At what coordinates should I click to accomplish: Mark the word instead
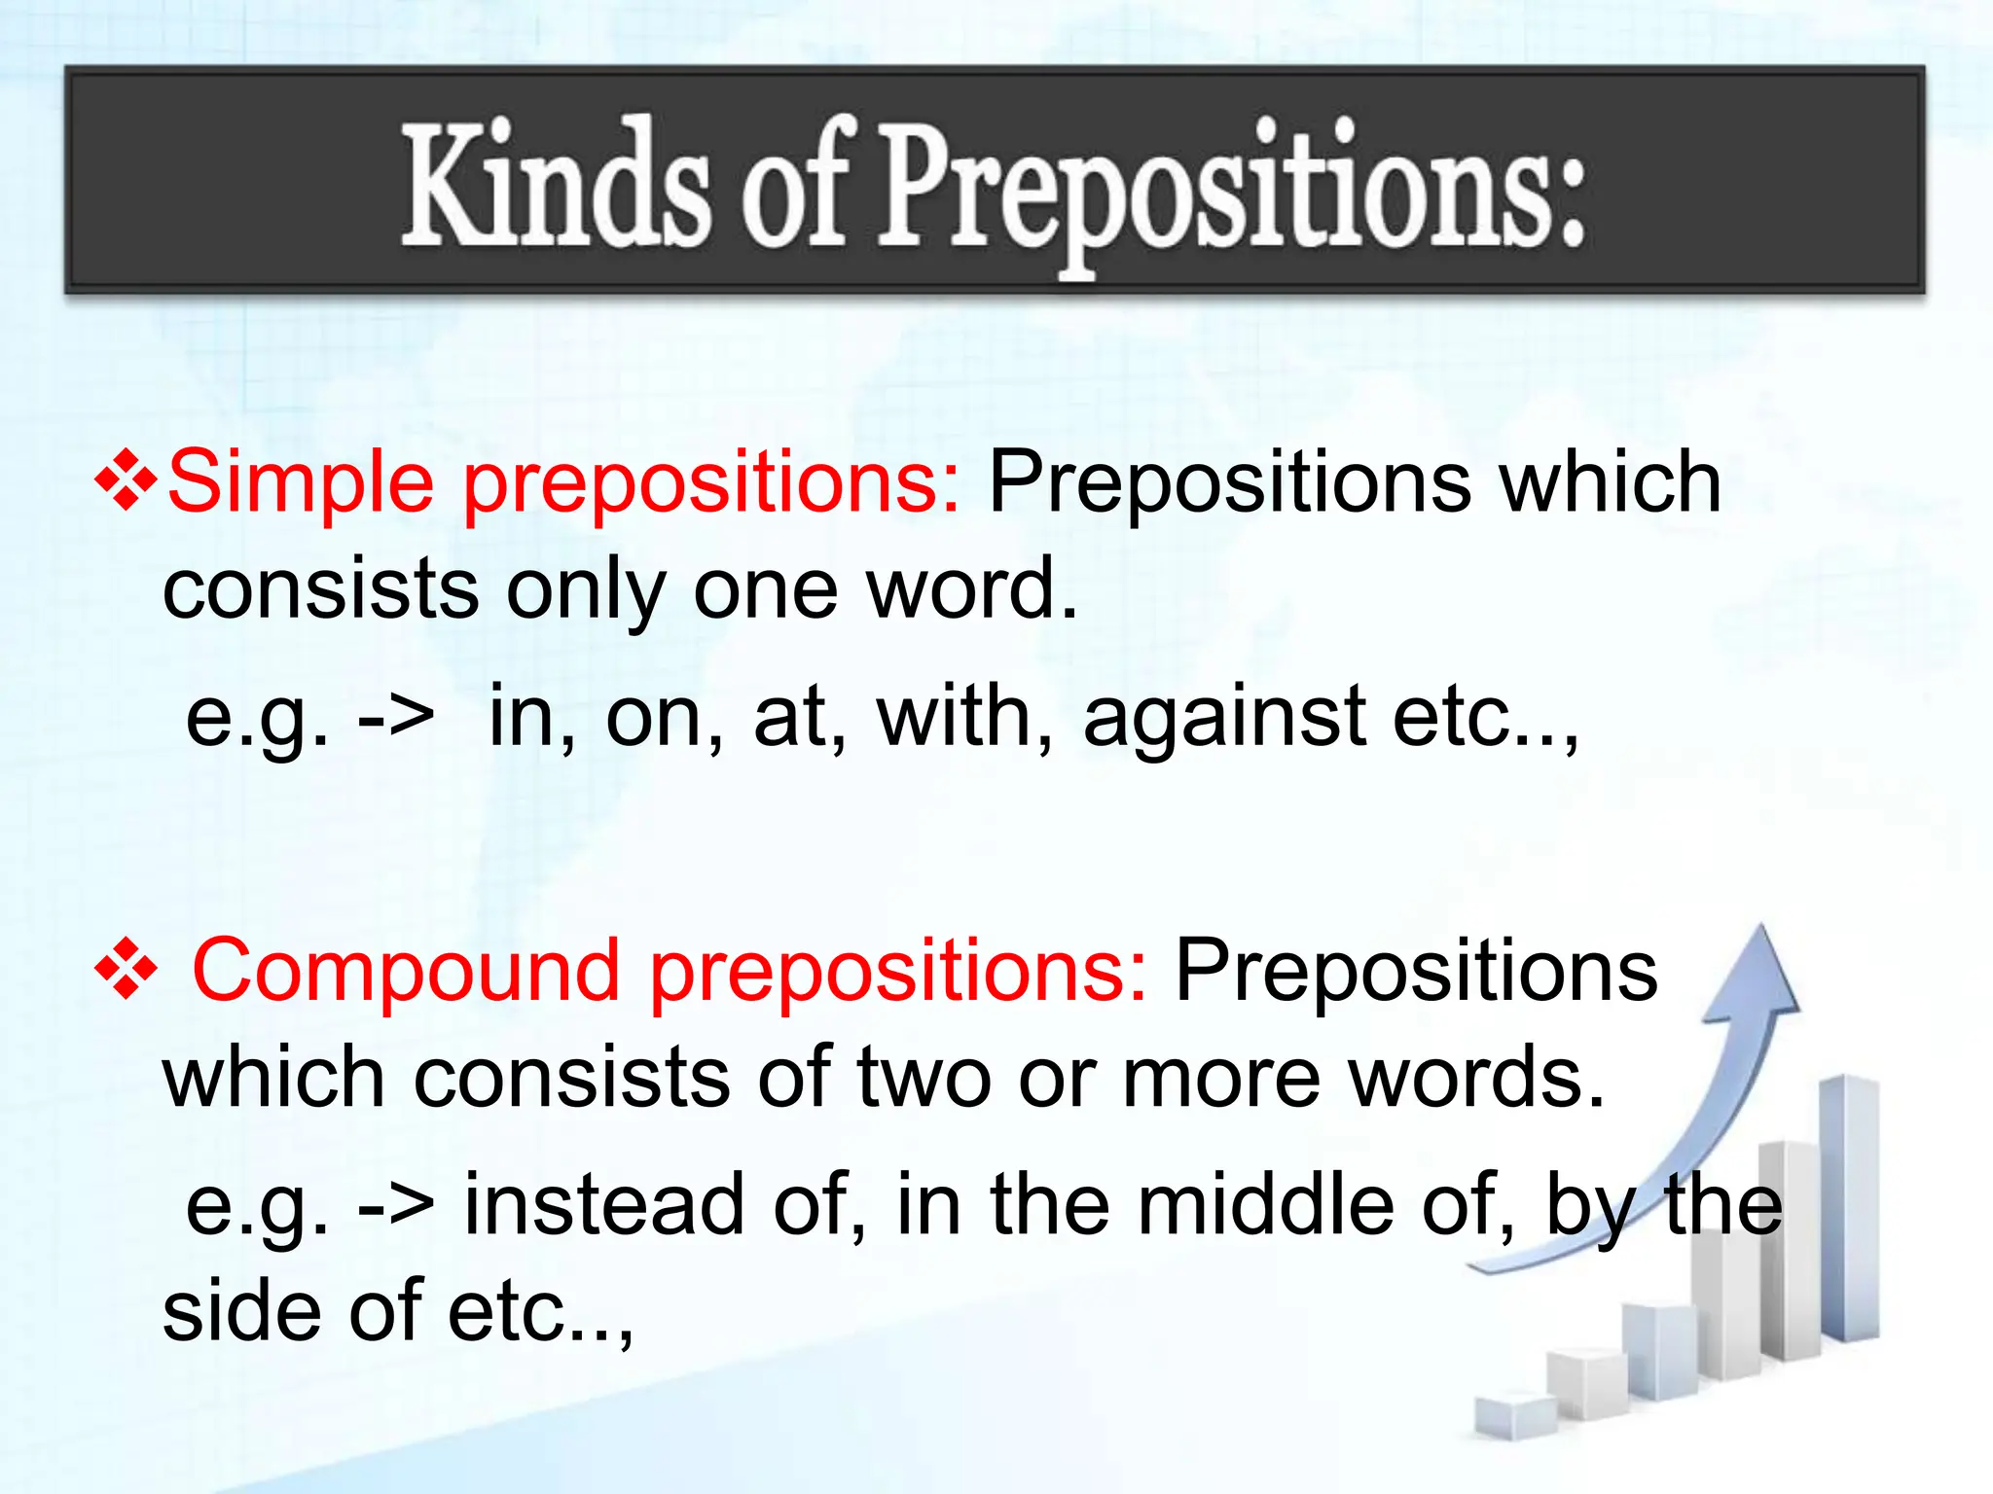[603, 1205]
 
